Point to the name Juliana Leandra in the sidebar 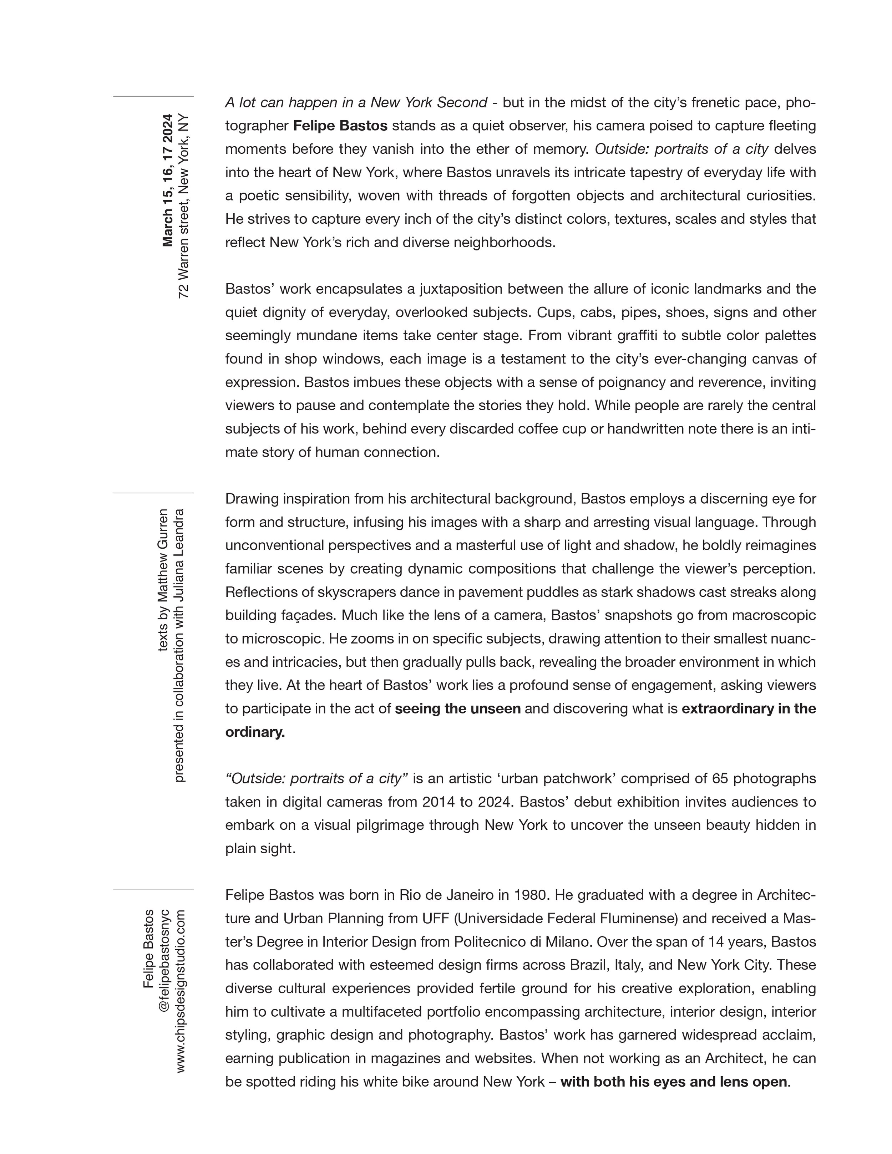click(180, 543)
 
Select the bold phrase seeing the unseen click(458, 708)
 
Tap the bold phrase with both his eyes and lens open click(674, 1081)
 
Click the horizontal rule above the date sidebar click(153, 96)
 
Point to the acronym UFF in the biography click(435, 918)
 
